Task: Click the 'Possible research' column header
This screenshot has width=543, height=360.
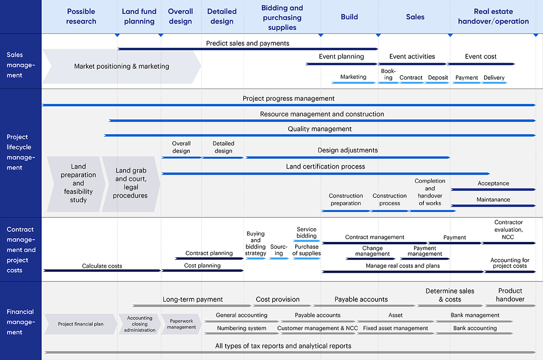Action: pos(81,16)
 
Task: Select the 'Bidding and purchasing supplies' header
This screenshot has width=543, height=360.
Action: pos(282,18)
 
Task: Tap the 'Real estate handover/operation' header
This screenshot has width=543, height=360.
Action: pos(493,16)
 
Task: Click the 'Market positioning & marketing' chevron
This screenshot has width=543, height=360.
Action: pos(122,66)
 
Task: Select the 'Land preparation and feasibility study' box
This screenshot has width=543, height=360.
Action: pos(78,183)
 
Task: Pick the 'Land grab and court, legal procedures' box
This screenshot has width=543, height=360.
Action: pos(131,183)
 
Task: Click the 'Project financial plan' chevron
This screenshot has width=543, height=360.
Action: pos(81,324)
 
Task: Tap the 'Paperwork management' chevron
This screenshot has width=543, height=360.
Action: pos(181,324)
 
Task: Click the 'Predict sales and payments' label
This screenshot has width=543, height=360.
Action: pos(247,43)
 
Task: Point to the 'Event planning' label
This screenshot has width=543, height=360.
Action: pos(341,57)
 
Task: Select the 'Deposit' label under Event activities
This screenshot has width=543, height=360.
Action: pos(438,78)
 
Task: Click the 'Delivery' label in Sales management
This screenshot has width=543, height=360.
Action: pos(494,78)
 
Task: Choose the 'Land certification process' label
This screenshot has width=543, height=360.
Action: pos(325,166)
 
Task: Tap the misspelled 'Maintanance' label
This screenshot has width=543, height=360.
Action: pos(493,200)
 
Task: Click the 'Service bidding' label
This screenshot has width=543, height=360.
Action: pos(306,232)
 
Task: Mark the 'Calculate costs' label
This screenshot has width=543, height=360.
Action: pos(102,266)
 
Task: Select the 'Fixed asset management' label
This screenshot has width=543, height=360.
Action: pos(395,328)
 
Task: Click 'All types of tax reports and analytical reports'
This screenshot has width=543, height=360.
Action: pos(283,346)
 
